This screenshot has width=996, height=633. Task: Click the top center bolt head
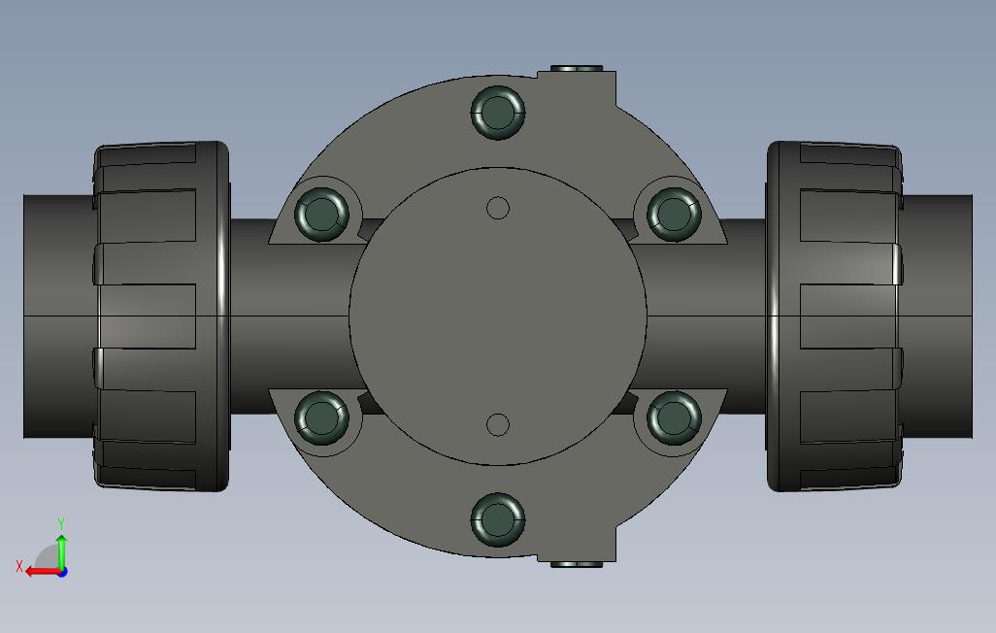498,112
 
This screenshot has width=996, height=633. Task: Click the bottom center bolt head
498,519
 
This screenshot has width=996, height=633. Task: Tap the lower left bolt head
321,418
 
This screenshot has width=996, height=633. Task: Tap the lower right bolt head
674,418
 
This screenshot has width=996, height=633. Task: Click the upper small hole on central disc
498,208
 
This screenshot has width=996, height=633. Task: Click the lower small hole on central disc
498,425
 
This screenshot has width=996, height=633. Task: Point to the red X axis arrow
41,572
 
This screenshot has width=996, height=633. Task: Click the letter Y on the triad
61,524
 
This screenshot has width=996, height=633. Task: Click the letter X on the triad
19,566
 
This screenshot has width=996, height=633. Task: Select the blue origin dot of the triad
62,572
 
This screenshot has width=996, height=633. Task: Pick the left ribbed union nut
161,316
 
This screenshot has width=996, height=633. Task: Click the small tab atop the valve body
577,69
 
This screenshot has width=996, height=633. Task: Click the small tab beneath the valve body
577,563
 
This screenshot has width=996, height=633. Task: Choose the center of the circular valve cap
498,316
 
